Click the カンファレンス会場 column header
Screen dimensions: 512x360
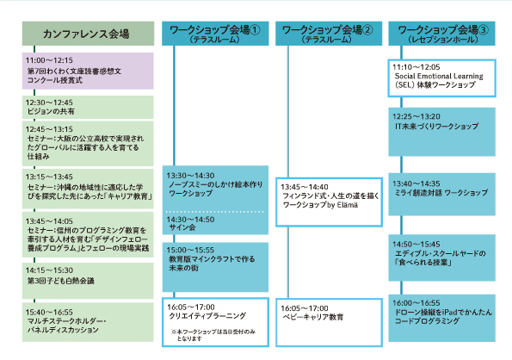pyautogui.click(x=88, y=34)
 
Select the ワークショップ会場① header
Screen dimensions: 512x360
pyautogui.click(x=215, y=34)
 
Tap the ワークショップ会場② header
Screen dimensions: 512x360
pyautogui.click(x=329, y=34)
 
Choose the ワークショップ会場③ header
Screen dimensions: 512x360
pyautogui.click(x=441, y=34)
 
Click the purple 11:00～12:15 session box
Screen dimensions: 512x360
pyautogui.click(x=88, y=71)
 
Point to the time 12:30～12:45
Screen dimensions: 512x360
pyautogui.click(x=49, y=102)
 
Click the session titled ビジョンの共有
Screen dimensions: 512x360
pyautogui.click(x=51, y=111)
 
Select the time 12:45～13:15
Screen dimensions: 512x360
pyautogui.click(x=49, y=129)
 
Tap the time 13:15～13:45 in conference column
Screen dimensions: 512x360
pyautogui.click(x=49, y=177)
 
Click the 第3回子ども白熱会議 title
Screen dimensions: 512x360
pyautogui.click(x=61, y=281)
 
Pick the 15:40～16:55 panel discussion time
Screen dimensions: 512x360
pyautogui.click(x=49, y=313)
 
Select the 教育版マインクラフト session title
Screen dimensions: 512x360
pyautogui.click(x=212, y=264)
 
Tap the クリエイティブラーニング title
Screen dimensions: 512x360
pyautogui.click(x=207, y=316)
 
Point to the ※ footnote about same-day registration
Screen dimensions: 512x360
pyautogui.click(x=213, y=335)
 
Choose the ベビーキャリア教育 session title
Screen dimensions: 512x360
pyautogui.click(x=313, y=317)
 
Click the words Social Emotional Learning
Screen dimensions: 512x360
pyautogui.click(x=439, y=76)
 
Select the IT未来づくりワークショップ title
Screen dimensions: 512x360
pyautogui.click(x=436, y=126)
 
